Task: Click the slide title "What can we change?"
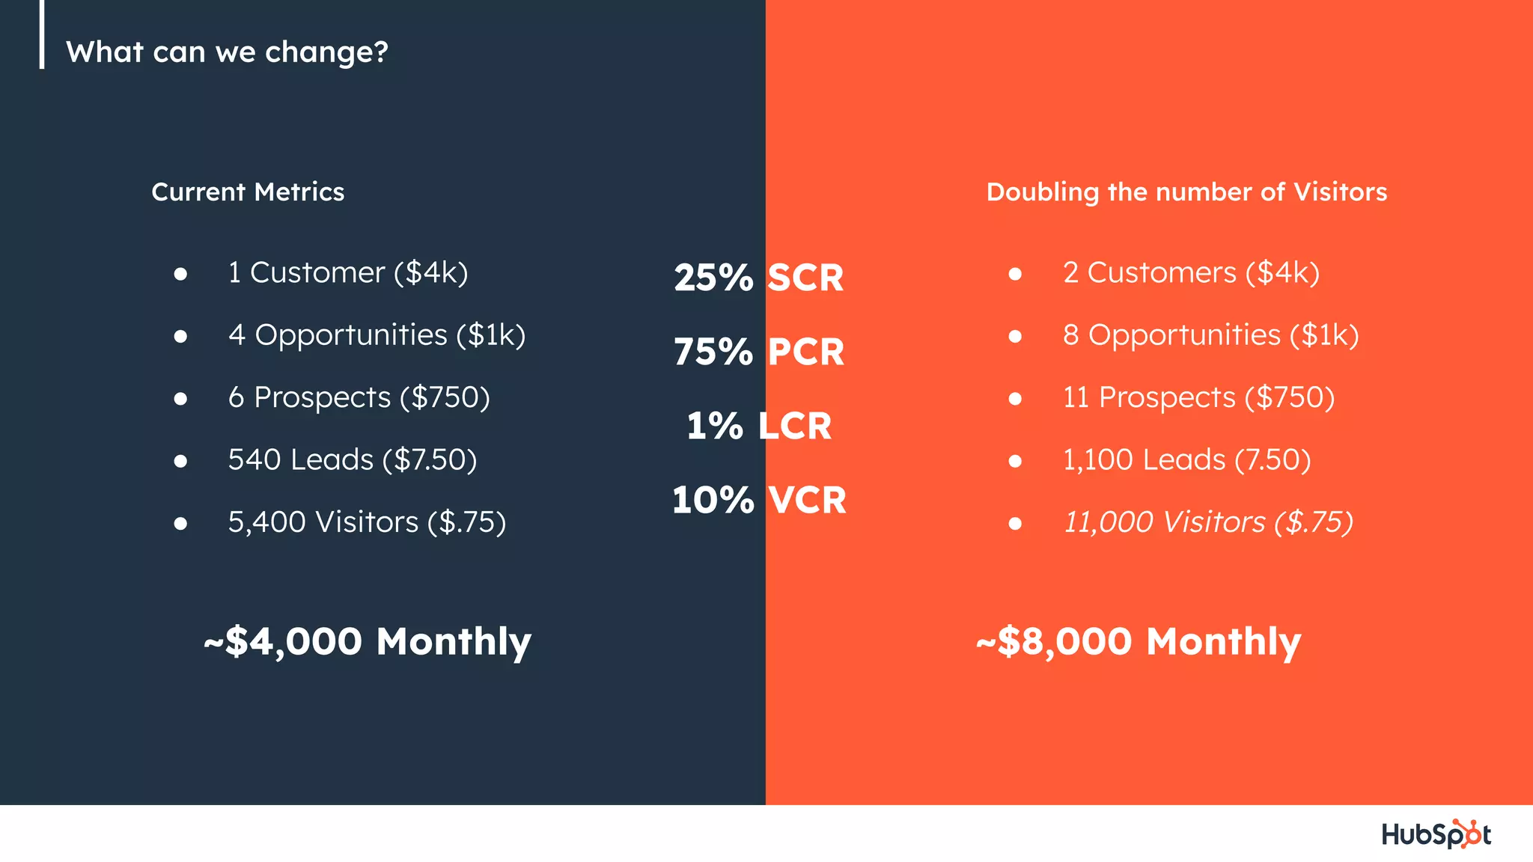[x=227, y=52]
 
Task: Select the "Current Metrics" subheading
[x=248, y=192]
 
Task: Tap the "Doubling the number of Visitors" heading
[x=1186, y=192]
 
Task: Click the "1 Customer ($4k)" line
[x=348, y=273]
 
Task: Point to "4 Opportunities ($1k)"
[x=377, y=335]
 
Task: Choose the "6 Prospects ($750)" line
[x=359, y=397]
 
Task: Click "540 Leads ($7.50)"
[x=352, y=459]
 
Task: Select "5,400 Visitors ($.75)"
[x=367, y=522]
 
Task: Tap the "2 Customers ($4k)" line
[x=1191, y=273]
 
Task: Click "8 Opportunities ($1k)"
[x=1210, y=335]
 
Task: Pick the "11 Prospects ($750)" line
[x=1198, y=397]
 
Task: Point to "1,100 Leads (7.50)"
[x=1186, y=459]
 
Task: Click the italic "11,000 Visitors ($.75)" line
[x=1208, y=522]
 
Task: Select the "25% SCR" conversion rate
[x=759, y=278]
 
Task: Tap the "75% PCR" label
[x=759, y=352]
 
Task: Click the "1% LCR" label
[x=759, y=426]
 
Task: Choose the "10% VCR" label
[x=759, y=500]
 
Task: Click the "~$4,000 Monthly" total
[x=368, y=642]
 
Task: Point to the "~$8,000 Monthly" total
[x=1139, y=642]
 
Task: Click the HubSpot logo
[x=1436, y=834]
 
